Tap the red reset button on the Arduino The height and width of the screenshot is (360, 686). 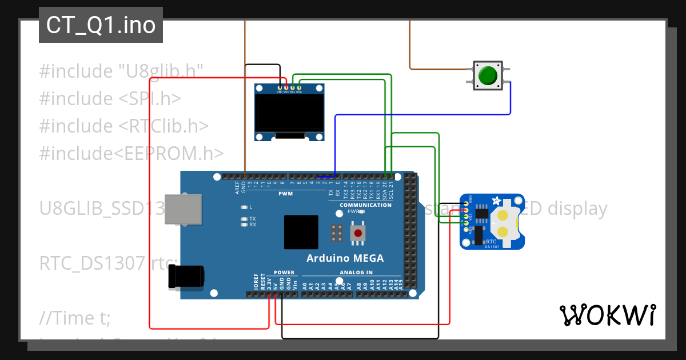(358, 233)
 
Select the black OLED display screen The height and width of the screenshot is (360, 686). (289, 113)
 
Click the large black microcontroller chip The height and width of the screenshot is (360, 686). (301, 232)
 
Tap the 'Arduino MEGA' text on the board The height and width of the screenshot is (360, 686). (345, 258)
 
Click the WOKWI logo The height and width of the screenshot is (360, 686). (607, 315)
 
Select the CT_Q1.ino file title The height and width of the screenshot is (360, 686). (101, 25)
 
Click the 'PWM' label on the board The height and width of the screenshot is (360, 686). (285, 194)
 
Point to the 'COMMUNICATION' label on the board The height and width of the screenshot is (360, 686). (365, 205)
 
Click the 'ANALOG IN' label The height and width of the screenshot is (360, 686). (356, 273)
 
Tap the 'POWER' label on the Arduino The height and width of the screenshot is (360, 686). (284, 273)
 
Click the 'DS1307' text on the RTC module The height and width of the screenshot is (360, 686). (492, 247)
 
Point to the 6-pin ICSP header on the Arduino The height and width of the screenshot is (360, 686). (337, 233)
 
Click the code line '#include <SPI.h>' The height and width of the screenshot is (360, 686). (110, 98)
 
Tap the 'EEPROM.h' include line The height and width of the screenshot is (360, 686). (131, 153)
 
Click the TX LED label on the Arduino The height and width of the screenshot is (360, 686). (252, 219)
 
